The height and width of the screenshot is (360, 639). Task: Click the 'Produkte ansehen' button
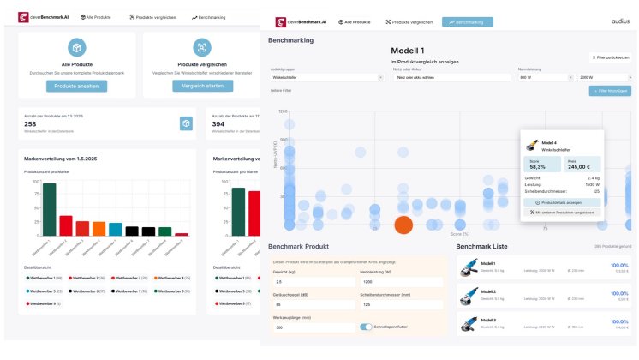[x=77, y=86]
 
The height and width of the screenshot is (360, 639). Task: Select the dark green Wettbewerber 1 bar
[x=50, y=209]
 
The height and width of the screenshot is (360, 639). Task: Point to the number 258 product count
[x=30, y=124]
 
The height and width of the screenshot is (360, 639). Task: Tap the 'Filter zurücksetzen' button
[x=612, y=57]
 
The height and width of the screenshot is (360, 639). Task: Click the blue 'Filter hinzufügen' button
[x=609, y=90]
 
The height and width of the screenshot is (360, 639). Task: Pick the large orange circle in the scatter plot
[x=404, y=225]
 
